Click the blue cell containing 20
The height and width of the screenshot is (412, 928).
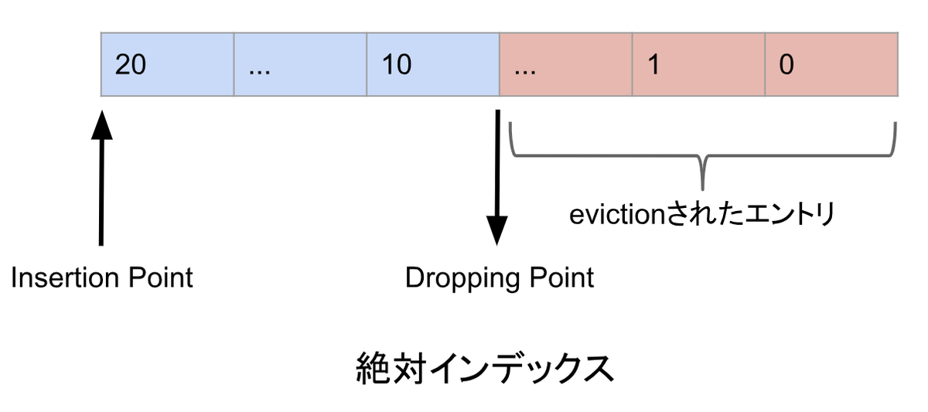(167, 64)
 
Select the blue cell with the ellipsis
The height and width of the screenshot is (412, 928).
(300, 64)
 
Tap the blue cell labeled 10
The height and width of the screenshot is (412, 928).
(433, 64)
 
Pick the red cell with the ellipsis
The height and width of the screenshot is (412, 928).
(566, 64)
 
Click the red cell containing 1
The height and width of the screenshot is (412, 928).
(699, 64)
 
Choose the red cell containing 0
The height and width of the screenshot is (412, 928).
(832, 64)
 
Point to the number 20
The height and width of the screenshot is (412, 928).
(131, 65)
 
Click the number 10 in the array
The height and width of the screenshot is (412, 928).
(397, 65)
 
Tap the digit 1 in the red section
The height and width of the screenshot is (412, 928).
(653, 65)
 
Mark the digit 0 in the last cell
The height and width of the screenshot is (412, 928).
(786, 65)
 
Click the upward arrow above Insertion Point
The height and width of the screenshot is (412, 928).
(101, 178)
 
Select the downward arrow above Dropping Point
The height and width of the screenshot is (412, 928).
(497, 178)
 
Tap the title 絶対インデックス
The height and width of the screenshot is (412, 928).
(485, 369)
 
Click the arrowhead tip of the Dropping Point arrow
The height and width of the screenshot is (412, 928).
(497, 243)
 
